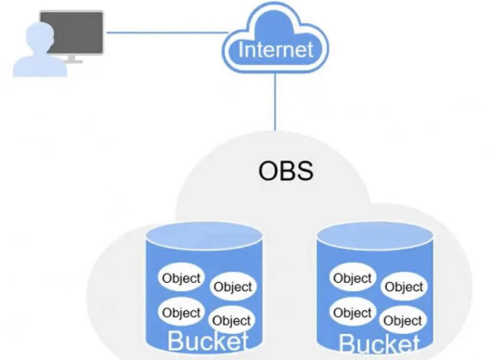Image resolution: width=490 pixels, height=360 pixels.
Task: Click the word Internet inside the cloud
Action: click(x=276, y=49)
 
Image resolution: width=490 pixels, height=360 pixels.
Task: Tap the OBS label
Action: click(x=286, y=171)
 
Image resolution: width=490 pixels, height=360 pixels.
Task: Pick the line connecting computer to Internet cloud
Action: click(x=167, y=32)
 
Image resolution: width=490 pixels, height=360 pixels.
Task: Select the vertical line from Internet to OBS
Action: click(x=276, y=102)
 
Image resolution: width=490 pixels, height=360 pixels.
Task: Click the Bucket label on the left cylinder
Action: click(x=208, y=341)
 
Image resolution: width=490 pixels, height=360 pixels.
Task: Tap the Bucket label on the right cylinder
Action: click(x=379, y=343)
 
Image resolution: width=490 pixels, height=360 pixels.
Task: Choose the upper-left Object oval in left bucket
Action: click(x=181, y=277)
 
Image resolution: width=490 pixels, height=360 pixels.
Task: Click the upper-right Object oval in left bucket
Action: click(x=233, y=287)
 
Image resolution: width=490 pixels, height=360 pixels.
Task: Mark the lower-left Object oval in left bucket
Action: click(x=181, y=313)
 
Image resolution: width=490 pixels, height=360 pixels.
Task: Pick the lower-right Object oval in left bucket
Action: click(x=232, y=321)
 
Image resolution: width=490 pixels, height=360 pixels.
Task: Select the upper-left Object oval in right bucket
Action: click(x=353, y=277)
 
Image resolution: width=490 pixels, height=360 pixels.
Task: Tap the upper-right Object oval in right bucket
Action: click(x=404, y=287)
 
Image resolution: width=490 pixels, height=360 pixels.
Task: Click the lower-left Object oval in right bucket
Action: click(x=353, y=313)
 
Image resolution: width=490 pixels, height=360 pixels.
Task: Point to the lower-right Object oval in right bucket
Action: click(x=403, y=321)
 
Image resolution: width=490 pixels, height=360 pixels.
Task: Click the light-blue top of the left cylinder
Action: click(x=204, y=236)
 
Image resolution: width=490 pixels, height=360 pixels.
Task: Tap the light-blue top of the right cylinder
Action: click(x=375, y=237)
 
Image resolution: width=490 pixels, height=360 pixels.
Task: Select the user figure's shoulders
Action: click(x=40, y=66)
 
